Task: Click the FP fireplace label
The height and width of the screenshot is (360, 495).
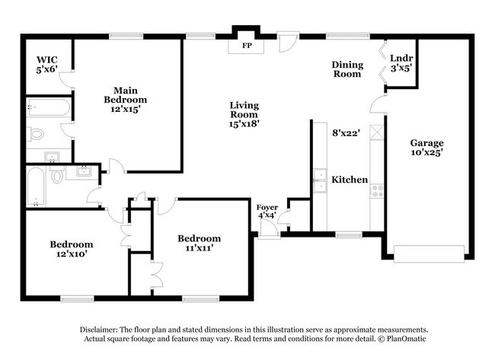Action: tap(247, 46)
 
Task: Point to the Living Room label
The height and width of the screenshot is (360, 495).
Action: tap(244, 114)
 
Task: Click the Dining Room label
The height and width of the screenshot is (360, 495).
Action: tap(346, 69)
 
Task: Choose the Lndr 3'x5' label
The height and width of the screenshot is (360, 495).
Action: tap(401, 62)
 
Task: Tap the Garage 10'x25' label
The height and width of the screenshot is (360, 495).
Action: tap(427, 147)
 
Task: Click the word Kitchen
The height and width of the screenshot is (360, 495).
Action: tap(350, 180)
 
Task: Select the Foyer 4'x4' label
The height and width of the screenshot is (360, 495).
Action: tap(267, 210)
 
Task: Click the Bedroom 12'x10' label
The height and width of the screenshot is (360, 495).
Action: tap(72, 249)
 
